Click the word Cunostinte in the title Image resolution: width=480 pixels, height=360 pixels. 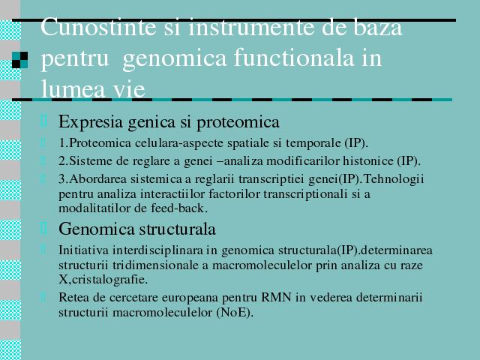[99, 28]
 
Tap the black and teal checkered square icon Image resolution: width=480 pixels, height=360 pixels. [20, 60]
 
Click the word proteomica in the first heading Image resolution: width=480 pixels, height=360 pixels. [238, 122]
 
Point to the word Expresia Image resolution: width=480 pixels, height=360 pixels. [91, 122]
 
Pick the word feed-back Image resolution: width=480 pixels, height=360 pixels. [179, 208]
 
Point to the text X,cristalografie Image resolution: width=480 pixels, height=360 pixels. [103, 280]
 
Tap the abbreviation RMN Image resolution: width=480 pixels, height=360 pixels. [276, 297]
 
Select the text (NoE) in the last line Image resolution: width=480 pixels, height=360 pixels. [235, 313]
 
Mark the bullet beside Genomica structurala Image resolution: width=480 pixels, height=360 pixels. [43, 228]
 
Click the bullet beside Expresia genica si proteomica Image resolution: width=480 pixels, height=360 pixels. [43, 120]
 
